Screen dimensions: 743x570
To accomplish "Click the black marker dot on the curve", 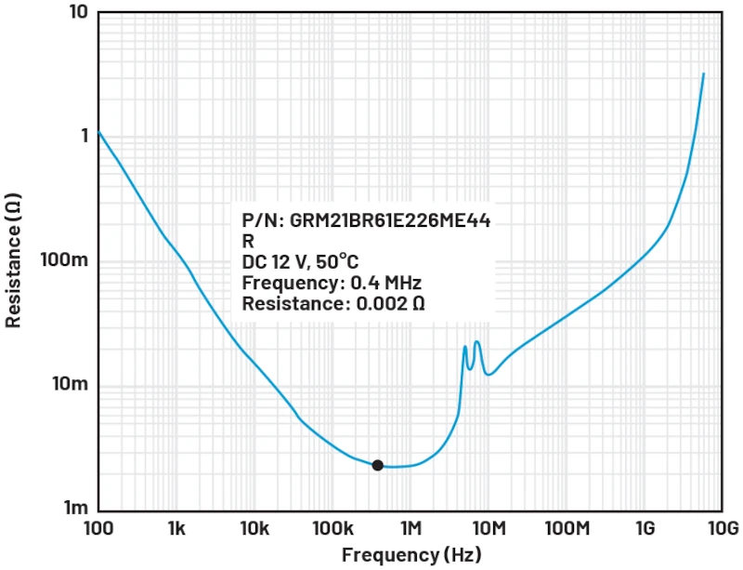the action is coord(377,465).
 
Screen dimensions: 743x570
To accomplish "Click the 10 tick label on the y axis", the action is coord(79,12).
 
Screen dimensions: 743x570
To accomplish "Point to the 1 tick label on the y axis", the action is coord(85,136).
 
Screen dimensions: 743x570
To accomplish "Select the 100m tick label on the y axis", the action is coord(64,259).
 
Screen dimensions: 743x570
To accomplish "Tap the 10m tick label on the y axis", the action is coord(71,383).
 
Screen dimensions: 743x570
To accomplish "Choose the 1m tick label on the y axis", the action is coord(76,508).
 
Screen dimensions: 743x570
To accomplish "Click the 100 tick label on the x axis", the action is coord(98,528).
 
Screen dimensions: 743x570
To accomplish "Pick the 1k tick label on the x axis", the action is coord(176,528).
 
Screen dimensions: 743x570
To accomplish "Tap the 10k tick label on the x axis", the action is coord(254,528).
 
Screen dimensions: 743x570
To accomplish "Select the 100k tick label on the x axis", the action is coord(332,528).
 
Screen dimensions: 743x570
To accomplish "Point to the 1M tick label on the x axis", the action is coord(411,528).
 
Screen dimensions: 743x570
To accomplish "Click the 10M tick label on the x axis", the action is coord(489,528).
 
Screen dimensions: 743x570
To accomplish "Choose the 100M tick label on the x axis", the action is coord(567,528).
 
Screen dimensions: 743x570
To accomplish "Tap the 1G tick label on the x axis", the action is coord(645,528).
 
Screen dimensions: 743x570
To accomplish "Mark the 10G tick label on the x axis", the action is coord(724,528).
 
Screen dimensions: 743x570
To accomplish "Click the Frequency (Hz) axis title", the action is coord(411,554).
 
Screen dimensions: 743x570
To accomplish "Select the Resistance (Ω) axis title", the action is coord(13,260).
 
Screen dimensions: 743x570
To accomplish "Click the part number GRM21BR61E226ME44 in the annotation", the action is coord(389,220).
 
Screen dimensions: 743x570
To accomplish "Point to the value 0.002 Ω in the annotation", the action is coord(390,303).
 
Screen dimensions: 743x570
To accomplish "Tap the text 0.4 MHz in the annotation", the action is coord(385,283).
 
